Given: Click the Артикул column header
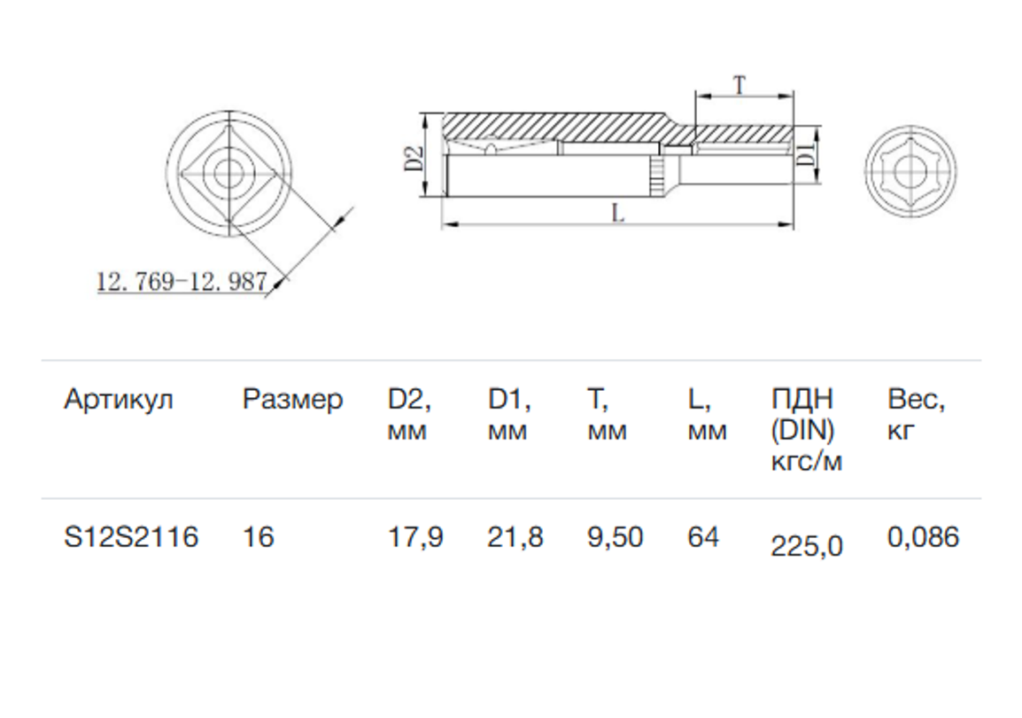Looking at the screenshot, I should (118, 400).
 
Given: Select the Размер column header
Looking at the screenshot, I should (291, 400).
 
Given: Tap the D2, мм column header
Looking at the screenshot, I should (409, 415).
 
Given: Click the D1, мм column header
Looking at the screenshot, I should (509, 415).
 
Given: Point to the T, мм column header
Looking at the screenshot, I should (607, 415).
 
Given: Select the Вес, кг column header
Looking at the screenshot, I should (917, 415).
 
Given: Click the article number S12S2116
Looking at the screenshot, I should (131, 537).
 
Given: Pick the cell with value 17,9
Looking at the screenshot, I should (415, 537).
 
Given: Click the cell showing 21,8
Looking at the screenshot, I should (515, 537).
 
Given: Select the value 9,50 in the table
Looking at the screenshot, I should (616, 537).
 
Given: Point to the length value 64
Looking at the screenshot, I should (703, 537).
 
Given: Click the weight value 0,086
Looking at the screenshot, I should (923, 537).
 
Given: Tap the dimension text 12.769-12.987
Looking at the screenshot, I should (182, 282).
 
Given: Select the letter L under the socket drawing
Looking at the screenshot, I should (617, 214).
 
